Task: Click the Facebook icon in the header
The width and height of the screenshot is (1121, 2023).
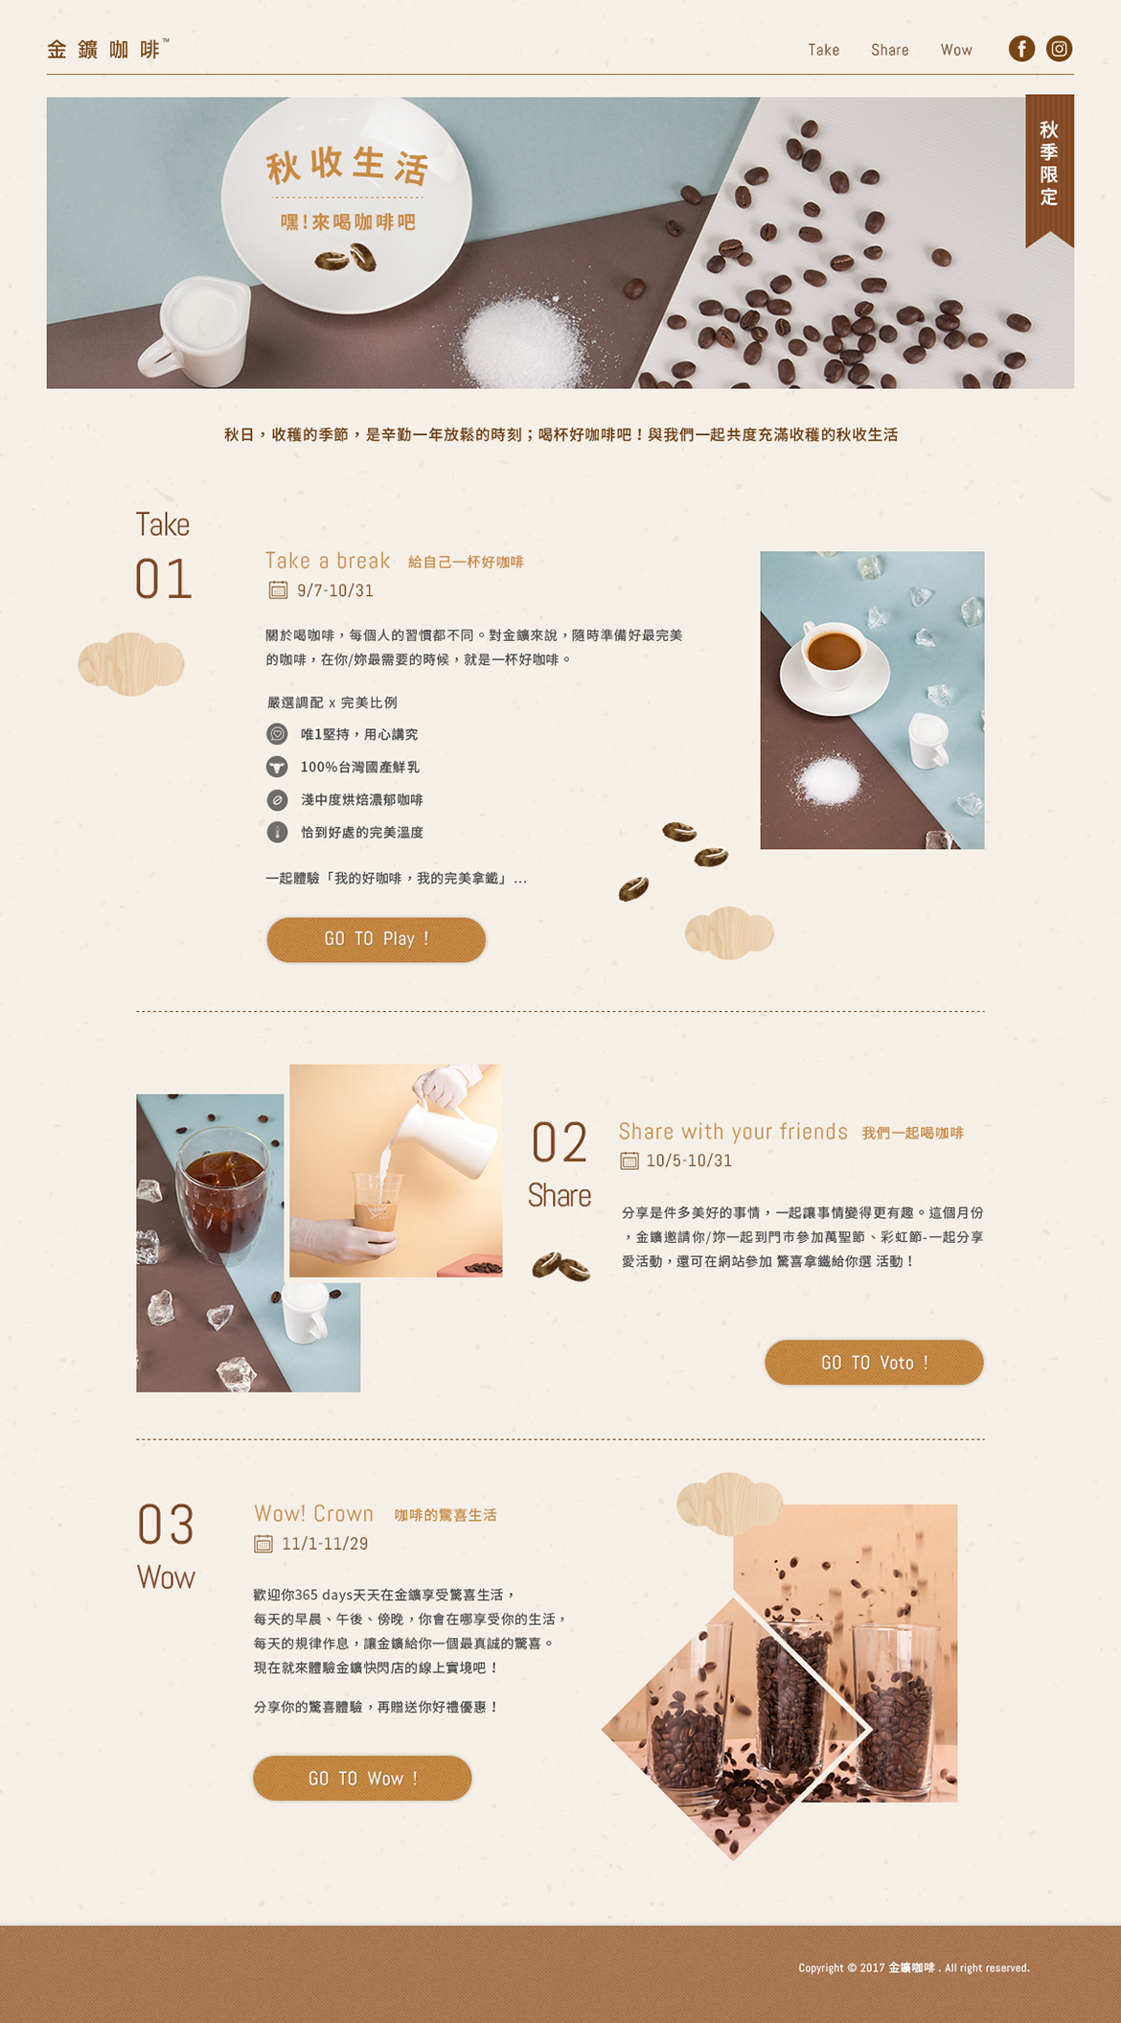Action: point(1021,49)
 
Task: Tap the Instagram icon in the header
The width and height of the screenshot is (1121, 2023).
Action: point(1059,49)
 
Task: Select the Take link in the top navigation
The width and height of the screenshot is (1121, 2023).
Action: point(823,50)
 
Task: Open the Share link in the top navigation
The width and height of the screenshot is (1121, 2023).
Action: point(889,50)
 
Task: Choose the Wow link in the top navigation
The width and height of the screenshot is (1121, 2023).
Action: point(956,50)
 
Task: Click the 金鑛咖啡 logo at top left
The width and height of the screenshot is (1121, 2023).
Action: point(107,49)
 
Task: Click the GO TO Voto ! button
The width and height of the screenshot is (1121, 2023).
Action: point(874,1362)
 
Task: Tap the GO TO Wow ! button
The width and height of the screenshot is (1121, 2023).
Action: point(362,1778)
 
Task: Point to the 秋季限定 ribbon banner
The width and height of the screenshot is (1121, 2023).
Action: point(1049,168)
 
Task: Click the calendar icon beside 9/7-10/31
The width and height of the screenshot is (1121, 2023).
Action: point(278,590)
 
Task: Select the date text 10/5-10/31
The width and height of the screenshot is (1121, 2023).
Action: point(689,1161)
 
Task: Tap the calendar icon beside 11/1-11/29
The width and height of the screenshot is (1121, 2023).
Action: point(263,1544)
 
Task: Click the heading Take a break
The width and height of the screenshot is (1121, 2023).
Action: point(328,561)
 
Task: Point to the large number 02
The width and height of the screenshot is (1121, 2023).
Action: point(559,1143)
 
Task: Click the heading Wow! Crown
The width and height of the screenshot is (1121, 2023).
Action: point(313,1513)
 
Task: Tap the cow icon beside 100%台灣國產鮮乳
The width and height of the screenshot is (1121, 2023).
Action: point(277,767)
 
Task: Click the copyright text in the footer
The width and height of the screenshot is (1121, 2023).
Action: point(914,1967)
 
